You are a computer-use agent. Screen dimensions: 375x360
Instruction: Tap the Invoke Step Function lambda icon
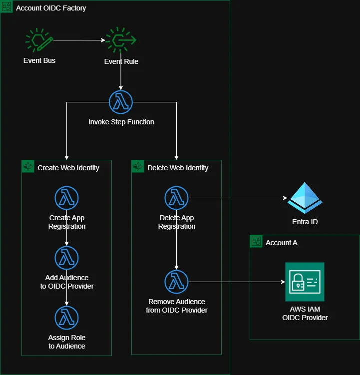pos(121,102)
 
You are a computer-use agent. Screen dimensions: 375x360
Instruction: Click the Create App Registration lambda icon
pos(66,198)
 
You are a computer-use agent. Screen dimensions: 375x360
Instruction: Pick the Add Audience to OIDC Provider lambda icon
pos(66,258)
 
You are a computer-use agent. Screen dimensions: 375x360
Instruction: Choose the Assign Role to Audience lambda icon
pos(66,318)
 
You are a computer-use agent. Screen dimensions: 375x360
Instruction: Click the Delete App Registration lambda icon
pos(176,198)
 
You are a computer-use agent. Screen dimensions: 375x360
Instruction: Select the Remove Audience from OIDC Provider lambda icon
pos(176,282)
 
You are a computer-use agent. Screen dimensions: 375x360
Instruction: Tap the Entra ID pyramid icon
pos(305,198)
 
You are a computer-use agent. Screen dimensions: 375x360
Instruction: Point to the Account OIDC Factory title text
pos(51,8)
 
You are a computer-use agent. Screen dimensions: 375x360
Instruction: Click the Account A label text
pos(281,242)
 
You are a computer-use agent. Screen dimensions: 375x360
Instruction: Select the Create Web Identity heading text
pos(68,168)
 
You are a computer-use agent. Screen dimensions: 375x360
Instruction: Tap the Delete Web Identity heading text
pos(178,168)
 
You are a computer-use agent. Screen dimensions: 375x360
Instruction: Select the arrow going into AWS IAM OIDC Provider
pos(235,282)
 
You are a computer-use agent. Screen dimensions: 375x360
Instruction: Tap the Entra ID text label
pos(305,222)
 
